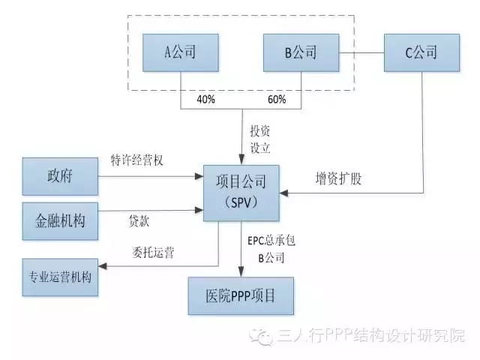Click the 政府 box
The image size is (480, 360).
60,178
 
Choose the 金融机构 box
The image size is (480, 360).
60,221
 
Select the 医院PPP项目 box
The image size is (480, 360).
241,295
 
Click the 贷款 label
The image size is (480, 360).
139,222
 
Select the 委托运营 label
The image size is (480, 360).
154,252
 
